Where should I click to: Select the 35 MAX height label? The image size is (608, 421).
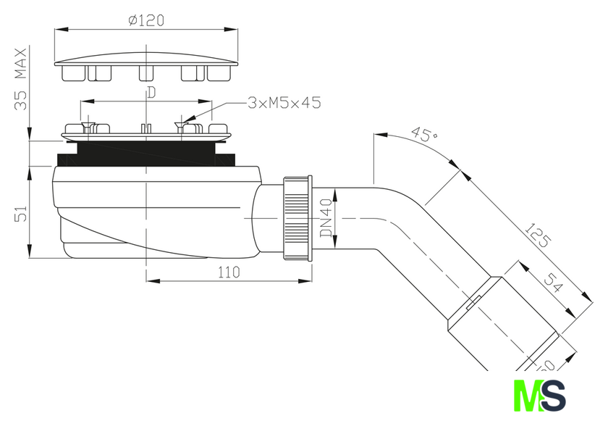pos(21,79)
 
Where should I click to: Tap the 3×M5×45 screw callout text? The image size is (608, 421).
pos(284,103)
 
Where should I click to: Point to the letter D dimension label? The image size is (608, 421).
pos(151,92)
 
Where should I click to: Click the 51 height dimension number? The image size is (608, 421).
pos(21,213)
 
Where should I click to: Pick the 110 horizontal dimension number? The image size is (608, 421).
pos(229,272)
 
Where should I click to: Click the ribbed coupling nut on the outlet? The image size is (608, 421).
pos(298,218)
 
